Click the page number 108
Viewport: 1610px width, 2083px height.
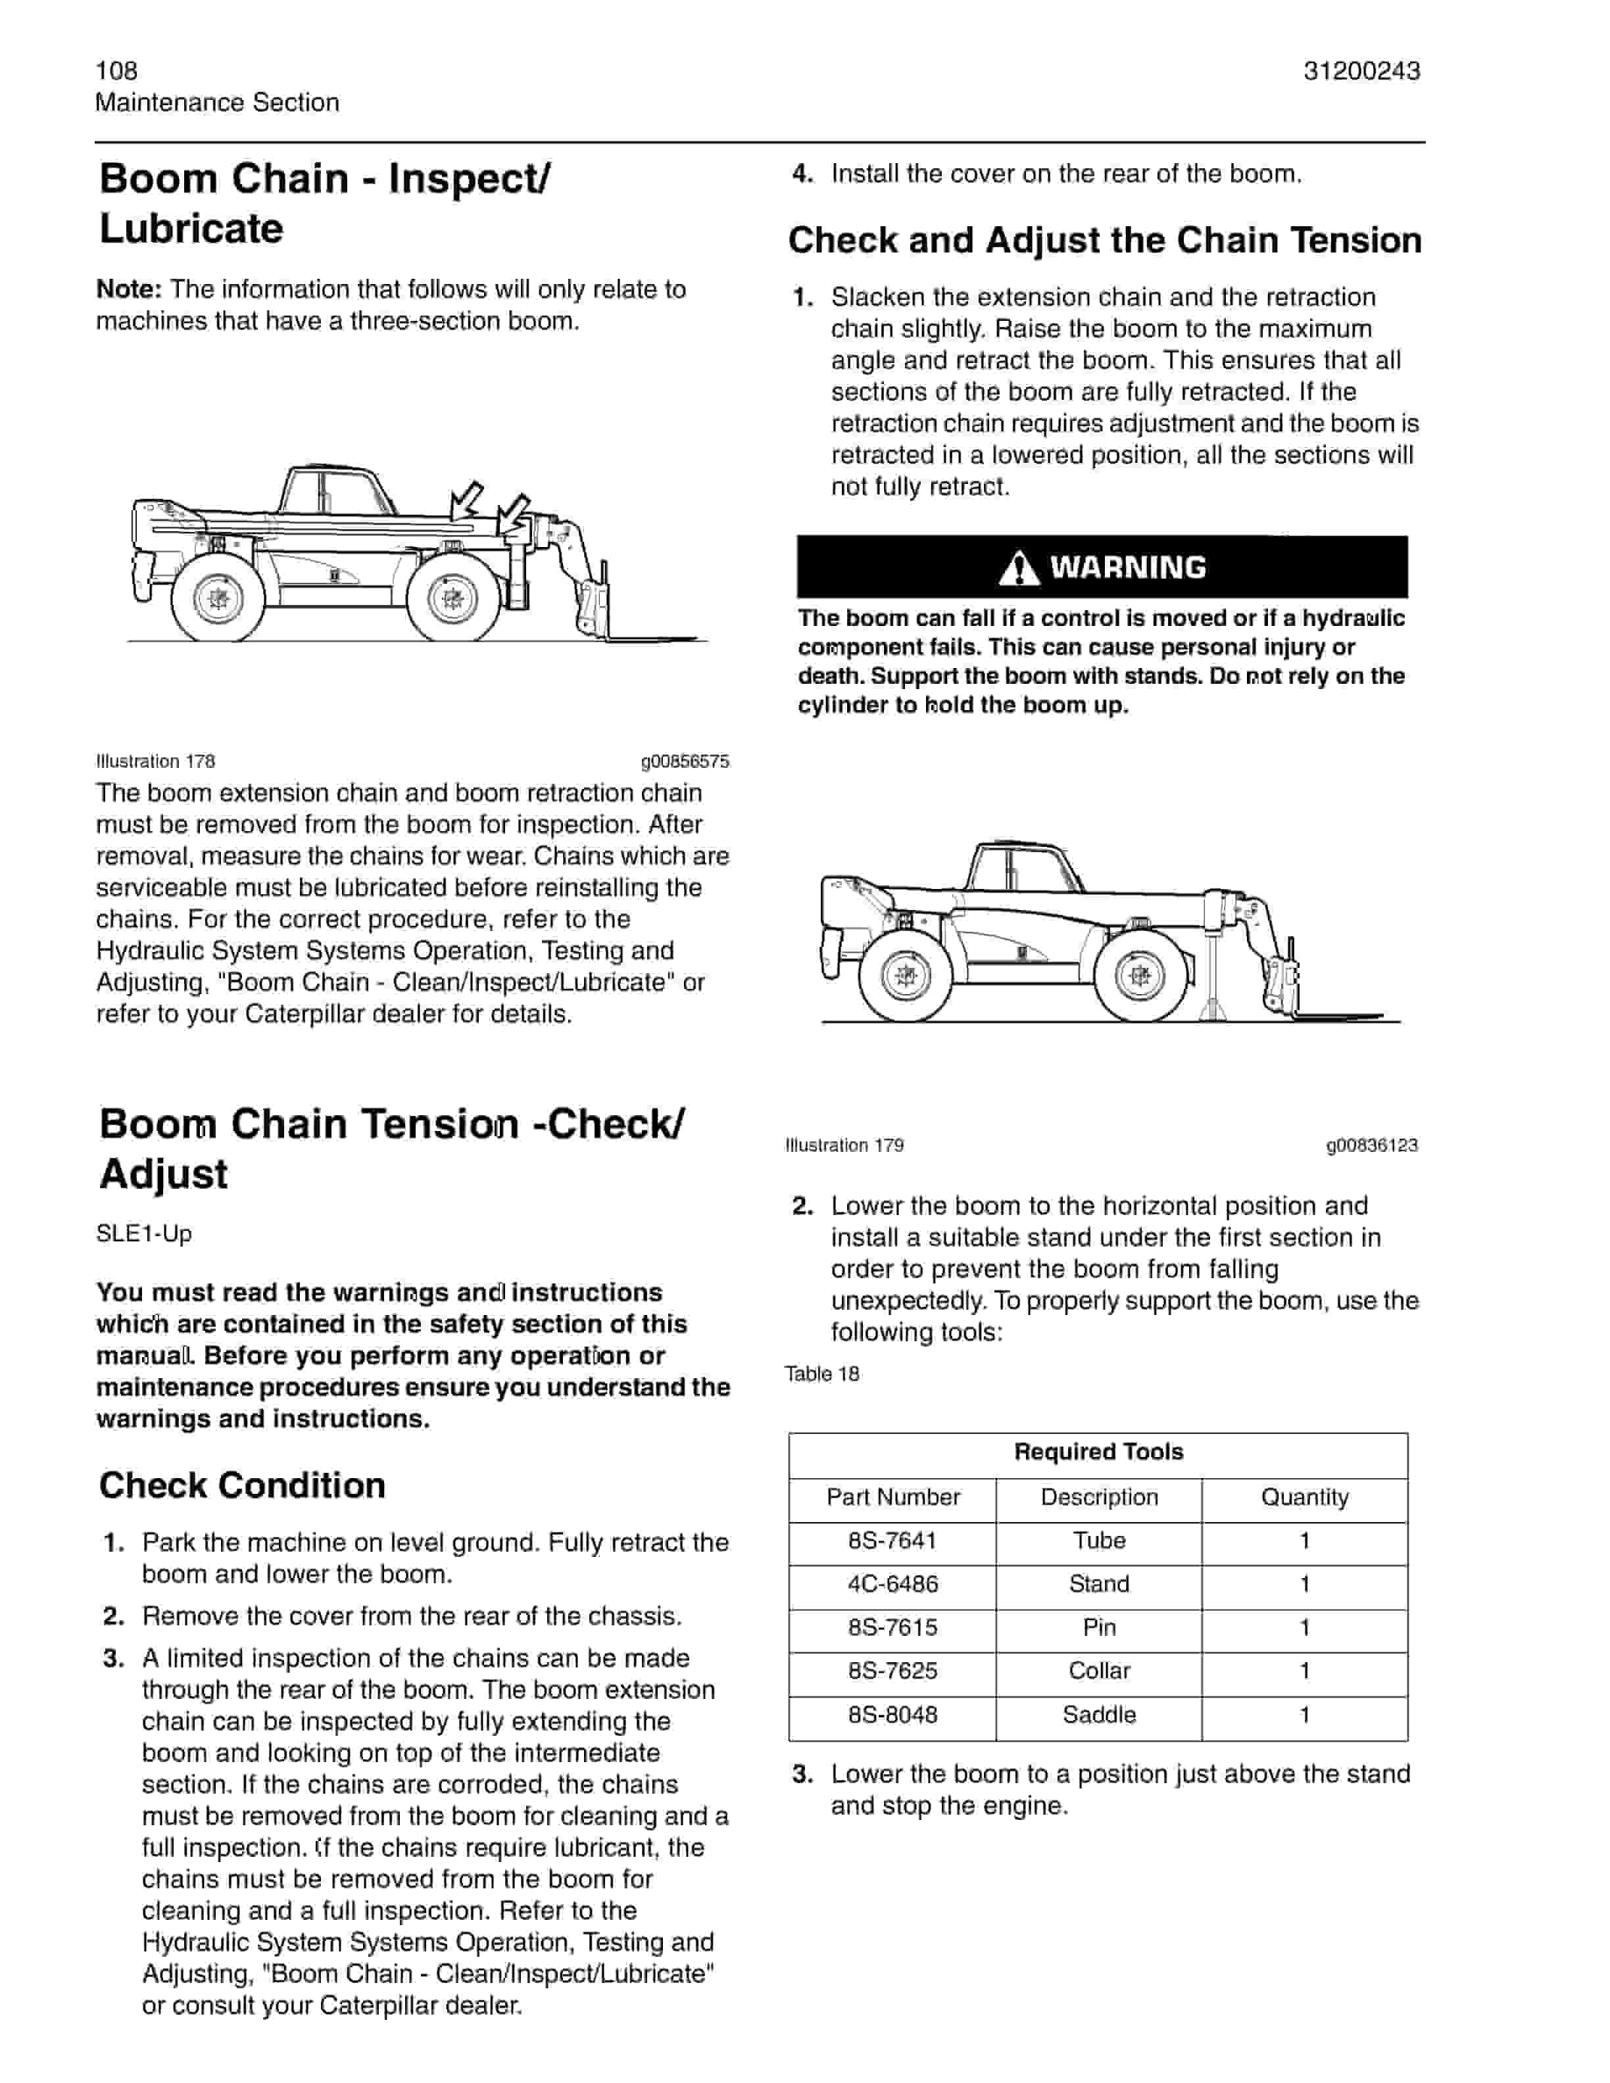tap(116, 70)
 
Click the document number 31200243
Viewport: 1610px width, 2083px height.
tap(1361, 70)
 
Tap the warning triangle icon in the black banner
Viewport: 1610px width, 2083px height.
tap(1019, 569)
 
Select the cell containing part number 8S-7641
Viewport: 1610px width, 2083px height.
tap(892, 1541)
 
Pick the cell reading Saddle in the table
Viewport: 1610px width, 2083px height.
tap(1099, 1714)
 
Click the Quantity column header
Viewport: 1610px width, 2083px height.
tap(1304, 1496)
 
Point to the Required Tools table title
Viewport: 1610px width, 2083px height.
tap(1098, 1452)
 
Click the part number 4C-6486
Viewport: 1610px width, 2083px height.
tap(892, 1583)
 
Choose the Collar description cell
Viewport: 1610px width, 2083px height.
tap(1099, 1670)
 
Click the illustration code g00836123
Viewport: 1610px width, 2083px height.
tap(1371, 1145)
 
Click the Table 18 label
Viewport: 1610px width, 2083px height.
tap(821, 1374)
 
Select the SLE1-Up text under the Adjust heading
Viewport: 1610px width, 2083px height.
tap(144, 1233)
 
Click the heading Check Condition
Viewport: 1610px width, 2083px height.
tap(242, 1485)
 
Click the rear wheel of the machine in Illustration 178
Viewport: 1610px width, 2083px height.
tap(218, 598)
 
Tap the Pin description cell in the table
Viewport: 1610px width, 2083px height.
tap(1099, 1627)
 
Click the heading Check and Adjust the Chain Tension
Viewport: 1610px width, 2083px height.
tap(1104, 241)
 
